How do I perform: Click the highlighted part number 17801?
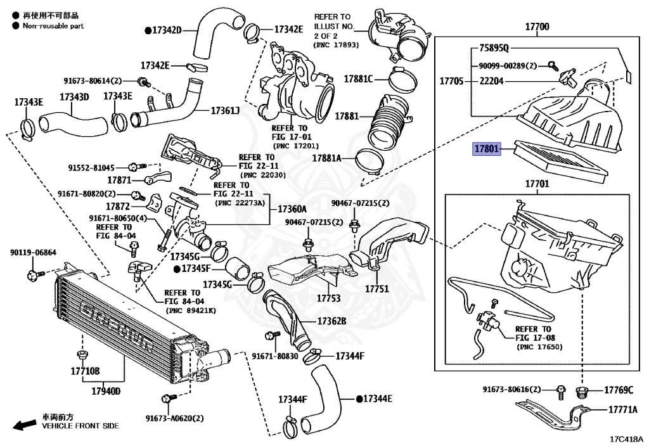(487, 148)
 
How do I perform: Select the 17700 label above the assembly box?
(537, 27)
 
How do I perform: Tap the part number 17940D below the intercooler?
(106, 391)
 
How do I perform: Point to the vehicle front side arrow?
(25, 425)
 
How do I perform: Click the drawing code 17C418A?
(626, 439)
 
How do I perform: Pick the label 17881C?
(359, 79)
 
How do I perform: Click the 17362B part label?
(332, 321)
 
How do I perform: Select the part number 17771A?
(623, 409)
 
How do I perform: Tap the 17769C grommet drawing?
(582, 392)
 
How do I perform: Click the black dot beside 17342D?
(148, 30)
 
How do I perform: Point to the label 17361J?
(225, 110)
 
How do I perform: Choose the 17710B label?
(86, 371)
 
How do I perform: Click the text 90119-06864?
(33, 252)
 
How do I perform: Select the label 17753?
(329, 298)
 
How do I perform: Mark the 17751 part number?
(376, 288)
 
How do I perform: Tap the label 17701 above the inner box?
(537, 183)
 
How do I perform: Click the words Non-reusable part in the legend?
(53, 25)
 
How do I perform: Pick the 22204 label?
(492, 81)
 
